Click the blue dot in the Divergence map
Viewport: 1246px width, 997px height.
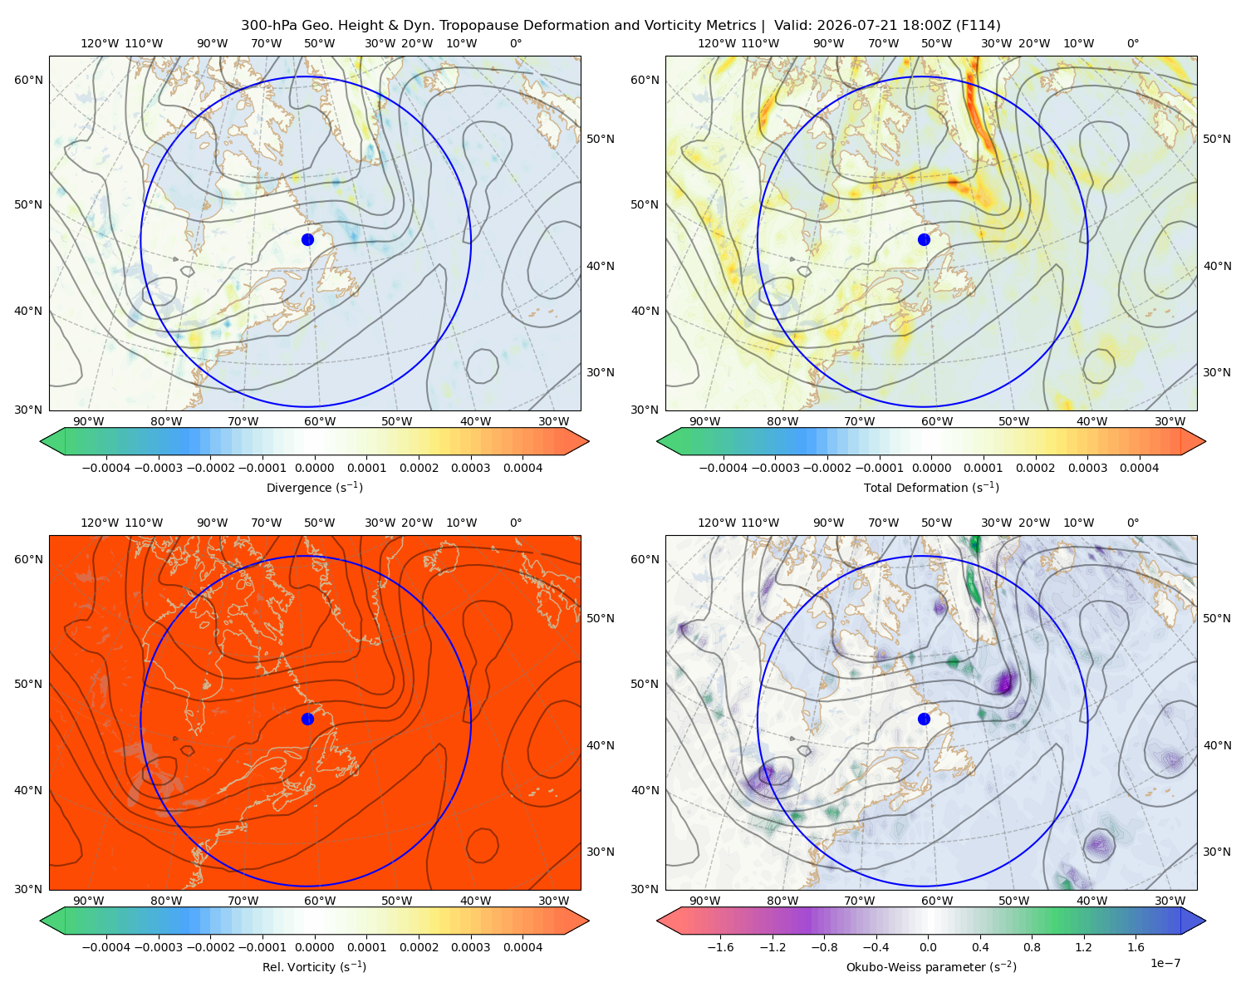click(x=307, y=239)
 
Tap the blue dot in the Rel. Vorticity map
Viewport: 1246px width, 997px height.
click(x=307, y=719)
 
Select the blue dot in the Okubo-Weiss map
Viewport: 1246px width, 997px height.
click(x=924, y=719)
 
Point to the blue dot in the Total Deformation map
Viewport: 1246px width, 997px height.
click(x=924, y=239)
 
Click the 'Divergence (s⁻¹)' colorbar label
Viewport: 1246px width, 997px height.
click(x=314, y=487)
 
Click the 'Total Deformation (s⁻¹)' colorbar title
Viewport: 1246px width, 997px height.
click(x=931, y=487)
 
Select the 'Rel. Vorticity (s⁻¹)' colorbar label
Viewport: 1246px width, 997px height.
click(x=314, y=966)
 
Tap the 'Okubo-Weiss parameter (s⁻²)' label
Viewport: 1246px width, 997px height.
click(x=931, y=966)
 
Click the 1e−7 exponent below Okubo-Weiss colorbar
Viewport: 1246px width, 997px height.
click(x=1165, y=963)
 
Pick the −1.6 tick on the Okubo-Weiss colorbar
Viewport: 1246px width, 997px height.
click(x=720, y=946)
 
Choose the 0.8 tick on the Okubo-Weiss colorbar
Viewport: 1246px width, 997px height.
click(x=1032, y=946)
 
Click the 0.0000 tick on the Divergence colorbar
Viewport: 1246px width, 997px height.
click(x=314, y=468)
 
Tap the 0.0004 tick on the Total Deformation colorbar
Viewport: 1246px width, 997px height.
click(x=1139, y=468)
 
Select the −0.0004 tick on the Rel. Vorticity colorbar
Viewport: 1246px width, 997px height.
click(x=106, y=946)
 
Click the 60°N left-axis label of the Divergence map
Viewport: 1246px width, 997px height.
click(x=28, y=80)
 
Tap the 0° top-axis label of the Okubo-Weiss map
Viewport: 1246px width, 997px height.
click(x=1132, y=523)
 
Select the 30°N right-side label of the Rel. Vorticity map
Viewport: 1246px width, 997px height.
click(x=601, y=851)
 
